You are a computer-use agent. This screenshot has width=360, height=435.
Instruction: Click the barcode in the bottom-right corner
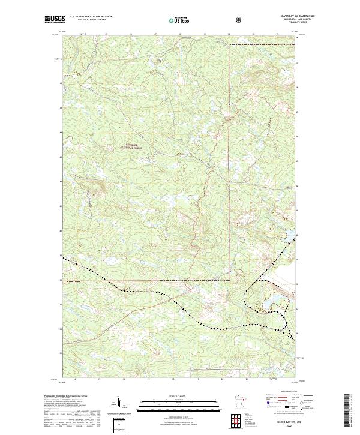coord(352,411)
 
